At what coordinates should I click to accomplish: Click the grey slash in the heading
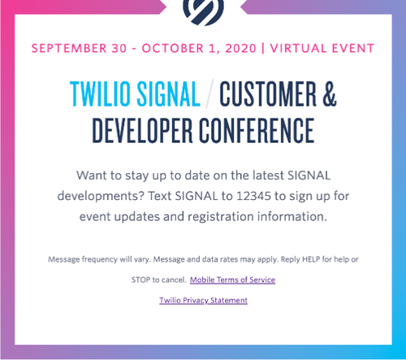[x=210, y=95]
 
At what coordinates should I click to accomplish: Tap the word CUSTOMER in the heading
[x=273, y=95]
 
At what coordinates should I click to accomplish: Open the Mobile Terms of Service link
[x=232, y=280]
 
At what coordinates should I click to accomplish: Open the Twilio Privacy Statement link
[x=203, y=300]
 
